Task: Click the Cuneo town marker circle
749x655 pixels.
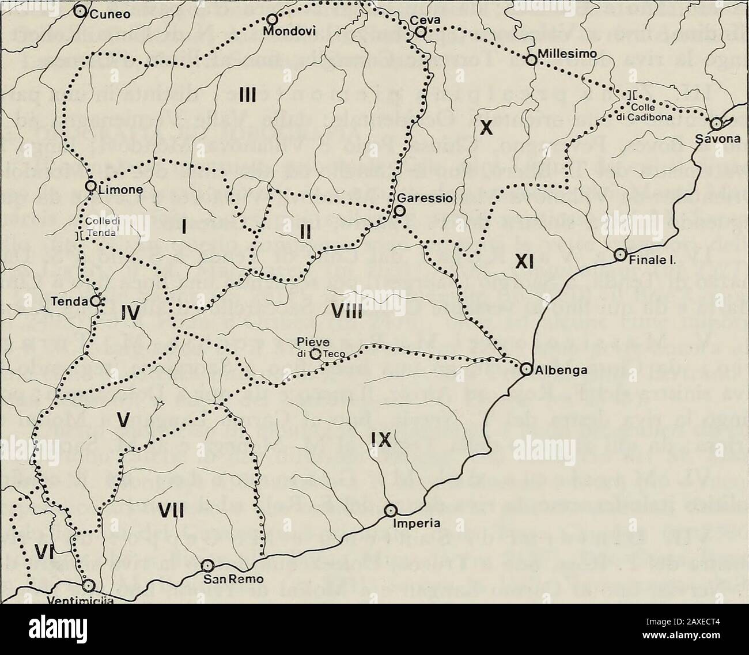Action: point(82,11)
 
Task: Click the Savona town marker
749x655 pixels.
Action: point(716,123)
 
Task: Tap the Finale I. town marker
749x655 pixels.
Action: point(620,254)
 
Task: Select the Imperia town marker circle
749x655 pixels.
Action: point(391,510)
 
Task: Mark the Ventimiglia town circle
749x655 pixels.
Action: point(88,585)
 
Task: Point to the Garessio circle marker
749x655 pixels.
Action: point(399,211)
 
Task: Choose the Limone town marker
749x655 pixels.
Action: point(90,185)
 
